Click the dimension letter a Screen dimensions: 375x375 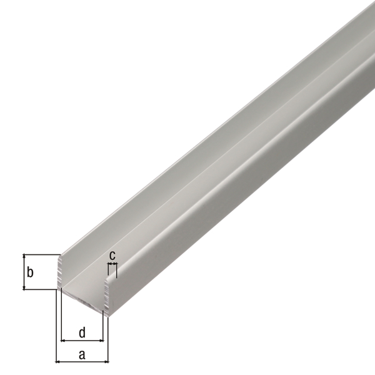point(82,355)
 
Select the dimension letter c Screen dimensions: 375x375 point(112,255)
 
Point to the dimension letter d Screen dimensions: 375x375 point(82,332)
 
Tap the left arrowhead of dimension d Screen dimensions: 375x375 point(62,341)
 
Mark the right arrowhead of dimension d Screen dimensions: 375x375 point(101,341)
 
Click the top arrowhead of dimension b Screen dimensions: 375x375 point(24,257)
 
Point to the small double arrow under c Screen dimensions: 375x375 point(112,265)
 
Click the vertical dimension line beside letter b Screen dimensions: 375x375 point(24,272)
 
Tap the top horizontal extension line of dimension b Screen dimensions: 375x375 point(41,254)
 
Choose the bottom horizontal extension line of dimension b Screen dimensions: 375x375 point(41,289)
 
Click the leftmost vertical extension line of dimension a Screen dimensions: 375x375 point(56,328)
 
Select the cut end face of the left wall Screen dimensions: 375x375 point(61,272)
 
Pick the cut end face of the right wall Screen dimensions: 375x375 point(106,294)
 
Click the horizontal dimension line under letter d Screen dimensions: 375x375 point(82,341)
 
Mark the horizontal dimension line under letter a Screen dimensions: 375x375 point(82,362)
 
